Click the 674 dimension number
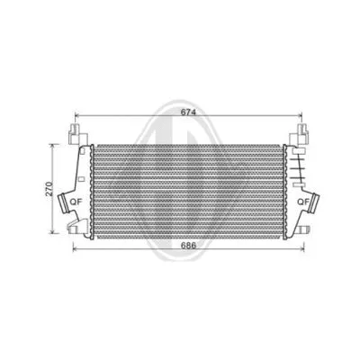[x=184, y=112]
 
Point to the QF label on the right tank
[x=302, y=200]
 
